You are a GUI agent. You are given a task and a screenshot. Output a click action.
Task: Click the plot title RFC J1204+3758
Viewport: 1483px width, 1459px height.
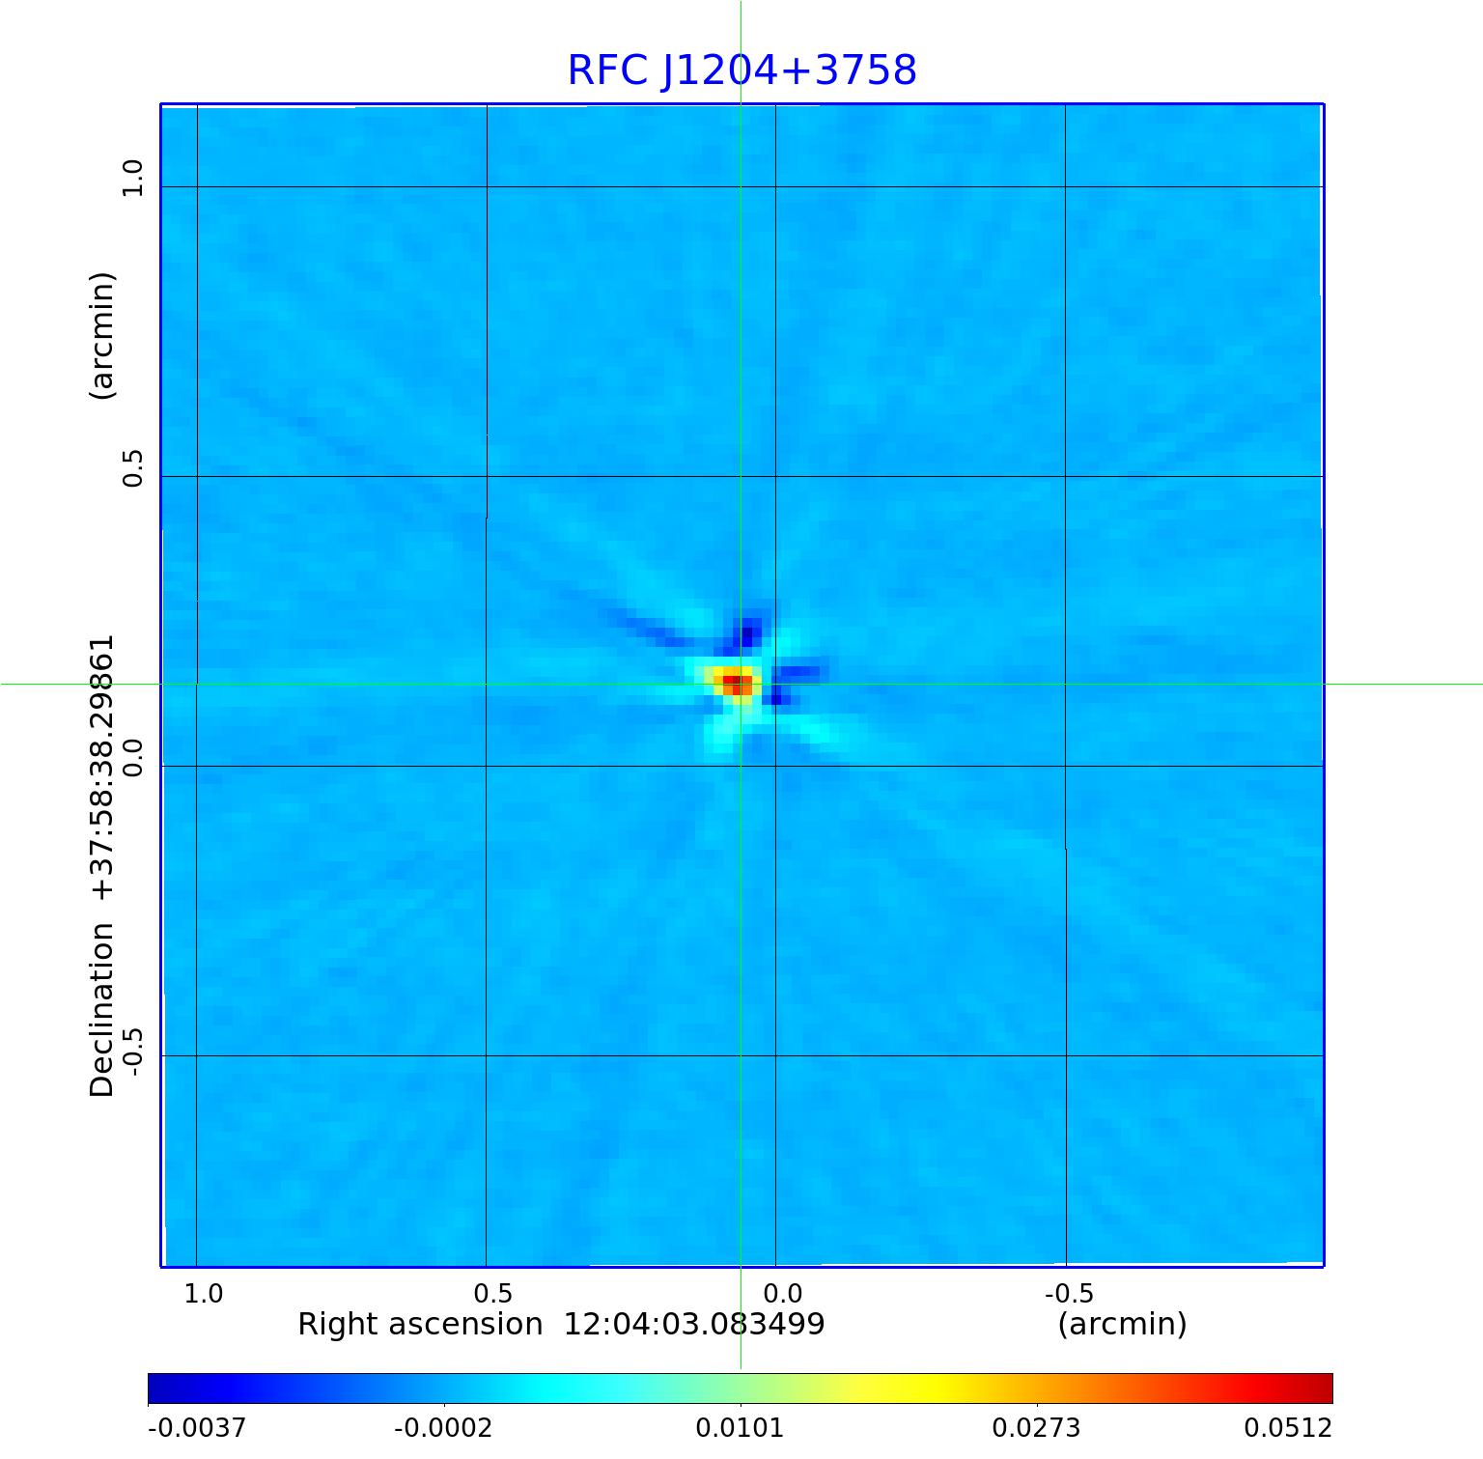(x=741, y=70)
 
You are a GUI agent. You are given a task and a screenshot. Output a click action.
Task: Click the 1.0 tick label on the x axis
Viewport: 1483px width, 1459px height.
(x=203, y=1293)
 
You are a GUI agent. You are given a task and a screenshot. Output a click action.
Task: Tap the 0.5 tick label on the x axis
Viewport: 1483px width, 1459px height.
(x=492, y=1293)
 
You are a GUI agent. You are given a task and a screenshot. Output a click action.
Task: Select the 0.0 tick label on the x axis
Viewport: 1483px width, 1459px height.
(x=782, y=1293)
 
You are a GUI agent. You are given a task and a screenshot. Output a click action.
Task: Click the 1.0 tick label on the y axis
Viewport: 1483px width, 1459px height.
(x=131, y=179)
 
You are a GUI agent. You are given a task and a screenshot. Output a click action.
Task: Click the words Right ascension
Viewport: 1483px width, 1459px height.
(x=420, y=1324)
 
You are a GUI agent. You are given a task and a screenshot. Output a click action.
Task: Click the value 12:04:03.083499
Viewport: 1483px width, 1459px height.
(x=694, y=1324)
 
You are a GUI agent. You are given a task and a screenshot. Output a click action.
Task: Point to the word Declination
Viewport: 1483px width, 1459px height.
(x=102, y=1010)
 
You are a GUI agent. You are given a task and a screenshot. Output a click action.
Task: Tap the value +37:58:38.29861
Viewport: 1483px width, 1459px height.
(x=102, y=769)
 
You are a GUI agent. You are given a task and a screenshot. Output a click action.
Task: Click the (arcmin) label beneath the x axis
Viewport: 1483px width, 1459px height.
(x=1122, y=1324)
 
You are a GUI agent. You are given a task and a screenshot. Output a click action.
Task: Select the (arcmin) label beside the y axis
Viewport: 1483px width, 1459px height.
(x=102, y=336)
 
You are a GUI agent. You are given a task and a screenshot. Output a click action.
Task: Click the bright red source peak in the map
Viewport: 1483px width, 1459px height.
(x=736, y=684)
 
